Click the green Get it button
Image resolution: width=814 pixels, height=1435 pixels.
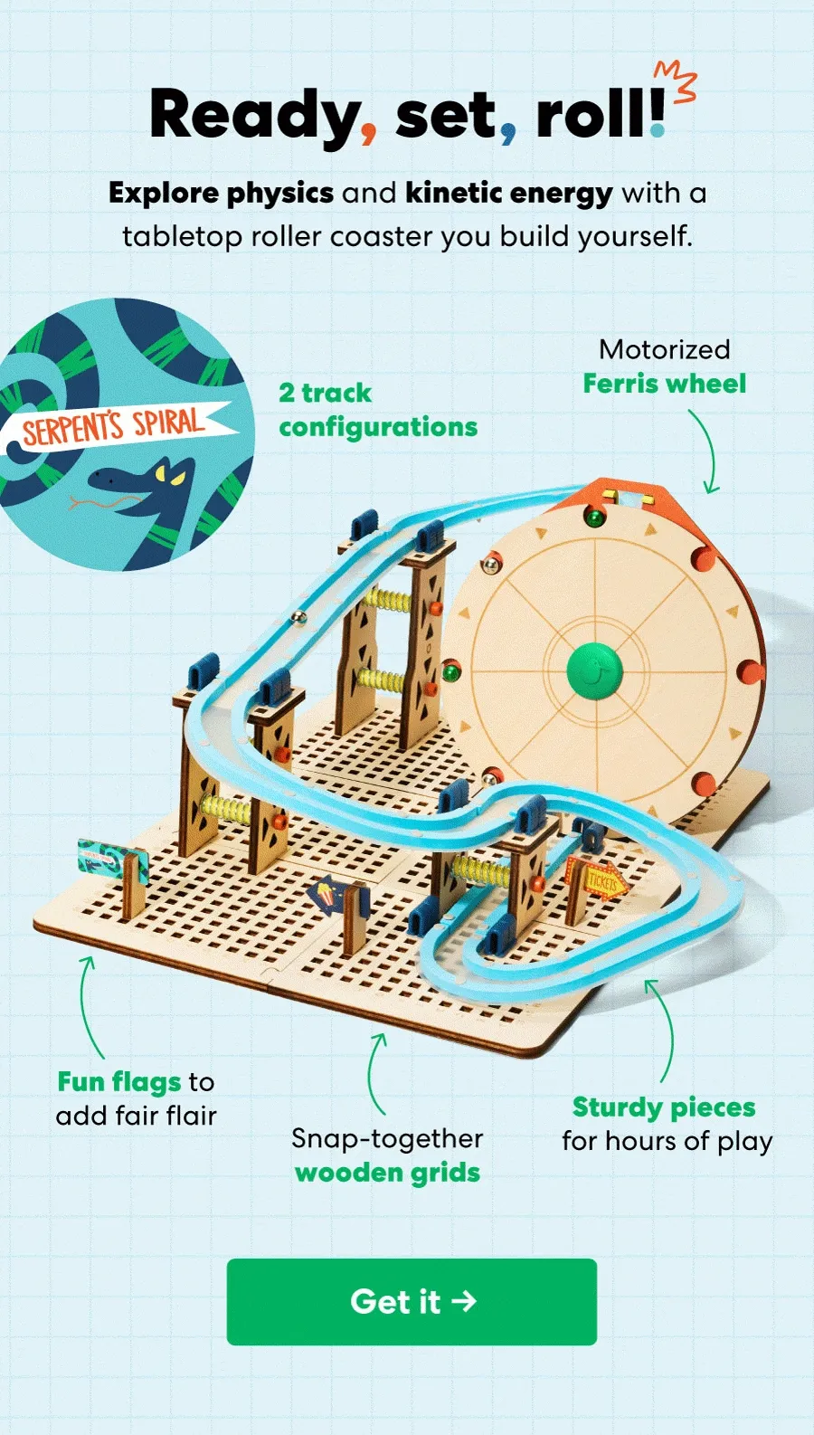point(412,1301)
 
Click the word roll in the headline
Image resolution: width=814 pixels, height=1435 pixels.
point(592,113)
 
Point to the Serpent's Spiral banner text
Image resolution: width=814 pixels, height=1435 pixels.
point(114,427)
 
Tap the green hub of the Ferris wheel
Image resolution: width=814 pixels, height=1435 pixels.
point(594,670)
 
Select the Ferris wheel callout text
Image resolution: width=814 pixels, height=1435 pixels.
point(664,366)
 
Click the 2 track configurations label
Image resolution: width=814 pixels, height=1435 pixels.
point(378,409)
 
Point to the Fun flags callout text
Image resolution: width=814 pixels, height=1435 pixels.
point(136,1098)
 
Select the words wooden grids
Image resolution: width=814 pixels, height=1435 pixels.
point(387,1173)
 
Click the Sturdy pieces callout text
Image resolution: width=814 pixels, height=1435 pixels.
point(667,1124)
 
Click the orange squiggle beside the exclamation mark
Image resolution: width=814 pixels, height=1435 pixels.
point(676,81)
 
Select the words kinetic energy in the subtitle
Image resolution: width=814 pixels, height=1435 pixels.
point(509,194)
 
